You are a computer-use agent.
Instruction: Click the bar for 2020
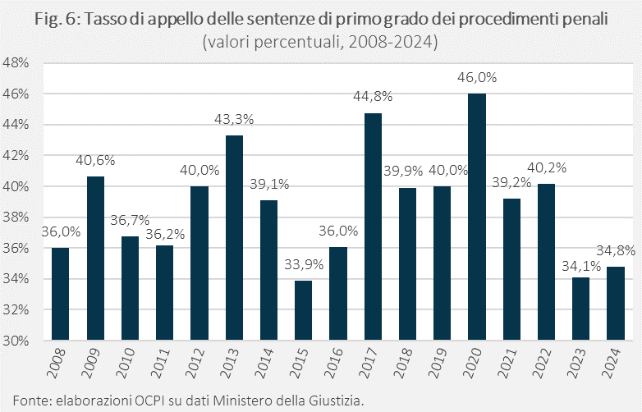point(477,217)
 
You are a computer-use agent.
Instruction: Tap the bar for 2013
point(234,237)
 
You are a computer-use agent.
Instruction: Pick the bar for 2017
point(373,227)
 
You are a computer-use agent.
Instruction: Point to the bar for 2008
point(60,294)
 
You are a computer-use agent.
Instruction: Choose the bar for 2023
point(580,309)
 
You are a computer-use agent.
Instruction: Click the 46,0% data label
point(477,77)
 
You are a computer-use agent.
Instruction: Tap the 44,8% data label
point(373,96)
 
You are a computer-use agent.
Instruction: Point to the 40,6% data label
point(95,160)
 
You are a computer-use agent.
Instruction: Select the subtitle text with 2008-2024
point(321,41)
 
